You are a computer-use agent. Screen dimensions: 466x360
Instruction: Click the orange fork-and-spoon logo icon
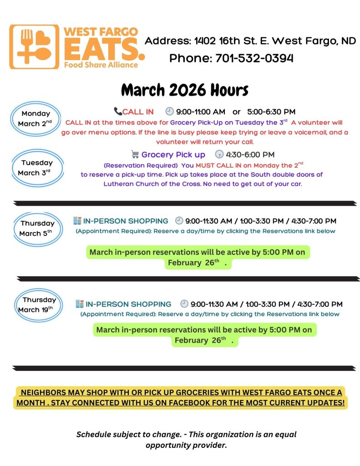pos(34,46)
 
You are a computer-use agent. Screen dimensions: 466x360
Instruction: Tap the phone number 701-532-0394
pos(254,58)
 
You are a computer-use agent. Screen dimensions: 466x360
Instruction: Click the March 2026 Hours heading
pos(184,90)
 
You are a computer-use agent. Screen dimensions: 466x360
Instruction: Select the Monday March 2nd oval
pos(35,118)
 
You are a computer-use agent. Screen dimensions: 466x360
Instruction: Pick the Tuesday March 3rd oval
pos(36,168)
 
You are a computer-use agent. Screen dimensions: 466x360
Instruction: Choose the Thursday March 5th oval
pos(37,228)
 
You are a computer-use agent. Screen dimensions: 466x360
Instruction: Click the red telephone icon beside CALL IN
pos(118,112)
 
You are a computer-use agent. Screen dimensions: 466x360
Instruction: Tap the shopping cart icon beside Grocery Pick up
pos(135,154)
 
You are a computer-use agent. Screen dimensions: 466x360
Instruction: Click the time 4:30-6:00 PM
pos(250,155)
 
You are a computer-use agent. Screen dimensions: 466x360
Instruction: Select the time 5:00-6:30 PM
pos(271,112)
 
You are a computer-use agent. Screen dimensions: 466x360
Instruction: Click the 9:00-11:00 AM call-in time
pos(201,112)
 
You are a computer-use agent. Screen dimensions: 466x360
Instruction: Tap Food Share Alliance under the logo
pos(101,65)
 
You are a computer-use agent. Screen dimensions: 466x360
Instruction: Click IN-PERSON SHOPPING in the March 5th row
pos(125,221)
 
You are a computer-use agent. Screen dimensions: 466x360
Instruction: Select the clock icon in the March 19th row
pos(184,304)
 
